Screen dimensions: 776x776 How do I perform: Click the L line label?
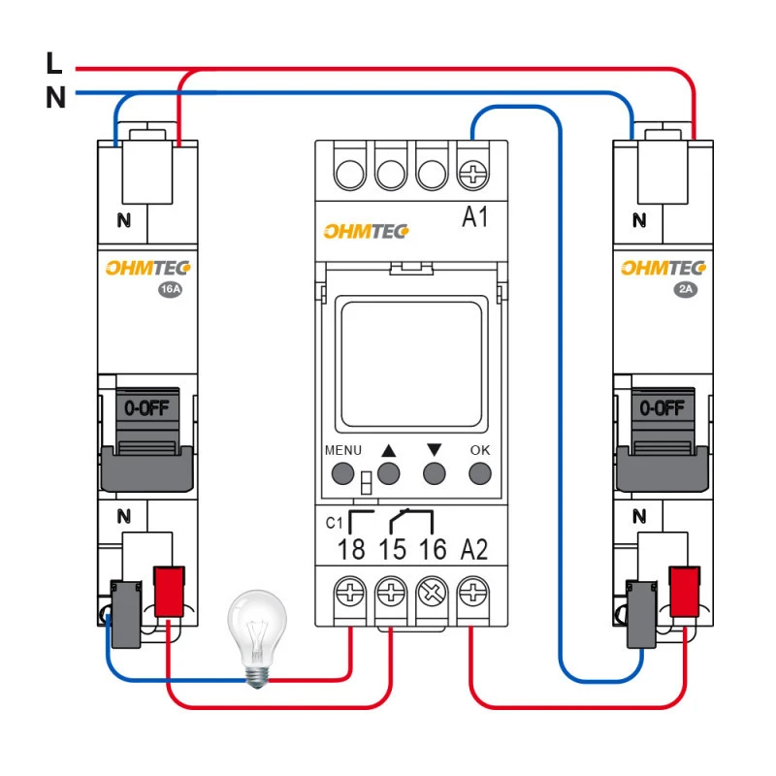(54, 64)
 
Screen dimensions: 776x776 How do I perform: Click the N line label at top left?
(55, 97)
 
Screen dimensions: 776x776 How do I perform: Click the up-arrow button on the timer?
(389, 473)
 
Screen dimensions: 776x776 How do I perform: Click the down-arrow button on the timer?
(435, 473)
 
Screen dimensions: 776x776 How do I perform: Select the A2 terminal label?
(474, 550)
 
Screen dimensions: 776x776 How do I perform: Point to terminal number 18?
(351, 550)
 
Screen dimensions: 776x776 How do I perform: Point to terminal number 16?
(433, 550)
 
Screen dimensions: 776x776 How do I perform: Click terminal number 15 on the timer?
(392, 550)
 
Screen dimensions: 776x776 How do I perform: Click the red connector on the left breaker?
(170, 591)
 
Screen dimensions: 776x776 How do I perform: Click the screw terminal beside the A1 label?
(472, 174)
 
